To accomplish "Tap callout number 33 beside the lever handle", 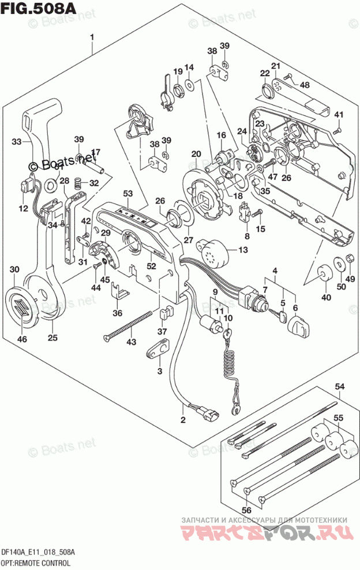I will click(x=17, y=141).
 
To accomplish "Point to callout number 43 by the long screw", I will click(x=132, y=343).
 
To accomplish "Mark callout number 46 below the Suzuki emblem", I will click(x=22, y=339).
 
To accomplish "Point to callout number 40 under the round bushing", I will click(x=327, y=298).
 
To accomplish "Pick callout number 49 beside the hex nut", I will click(x=350, y=279).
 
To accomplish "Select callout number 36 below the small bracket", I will click(x=118, y=314).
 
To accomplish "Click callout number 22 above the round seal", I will click(x=265, y=73).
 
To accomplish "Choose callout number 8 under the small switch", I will click(x=247, y=236).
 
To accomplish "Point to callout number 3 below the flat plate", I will click(x=159, y=370).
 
